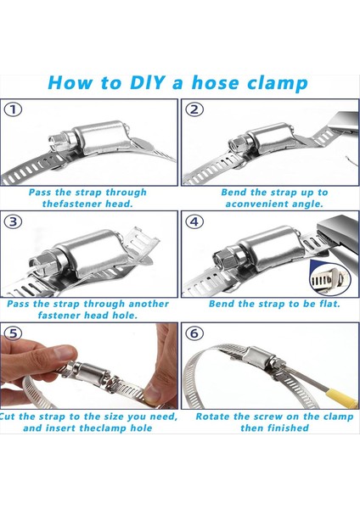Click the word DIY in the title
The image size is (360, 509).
[147, 82]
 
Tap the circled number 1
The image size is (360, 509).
[13, 109]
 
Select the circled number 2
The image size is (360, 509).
[194, 109]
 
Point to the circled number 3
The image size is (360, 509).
[13, 221]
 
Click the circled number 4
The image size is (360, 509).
[194, 221]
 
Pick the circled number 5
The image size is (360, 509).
[13, 333]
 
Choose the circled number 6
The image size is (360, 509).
[194, 333]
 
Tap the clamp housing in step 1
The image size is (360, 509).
[101, 137]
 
